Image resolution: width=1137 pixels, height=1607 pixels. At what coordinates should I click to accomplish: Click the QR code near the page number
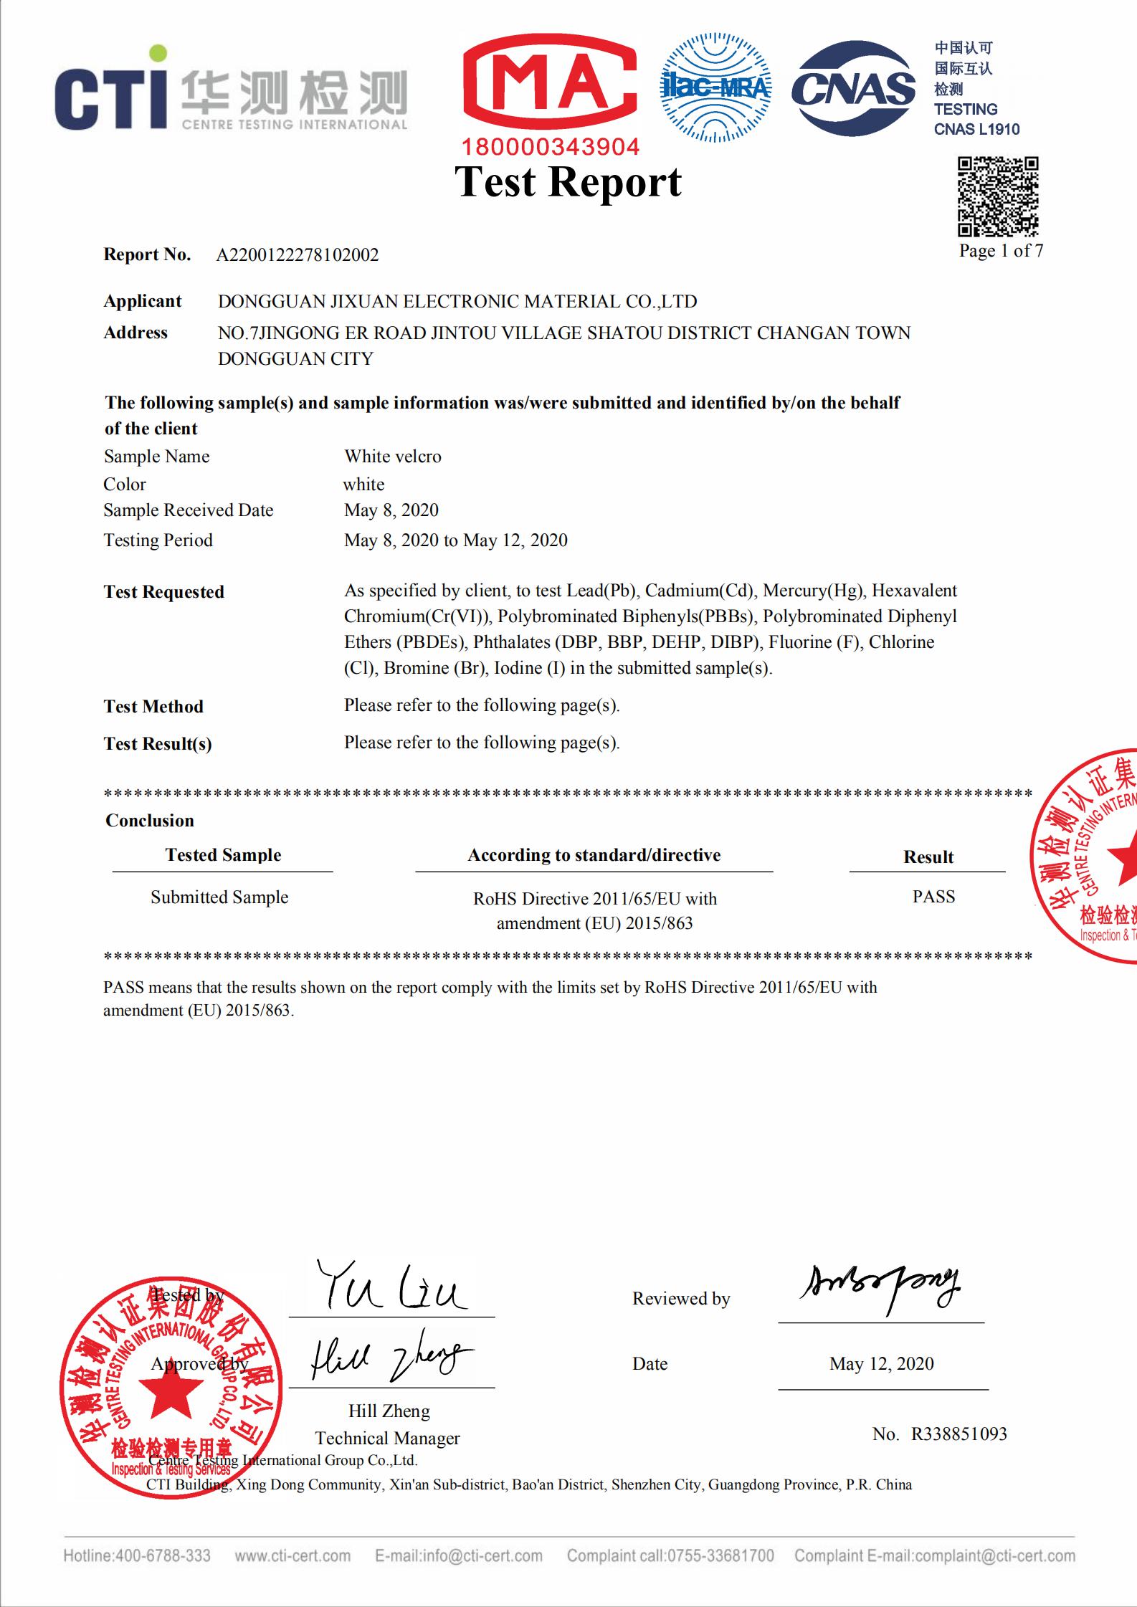(x=998, y=196)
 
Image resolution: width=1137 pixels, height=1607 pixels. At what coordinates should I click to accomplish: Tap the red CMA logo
(x=550, y=84)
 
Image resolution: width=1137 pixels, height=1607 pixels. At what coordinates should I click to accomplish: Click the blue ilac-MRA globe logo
(x=715, y=86)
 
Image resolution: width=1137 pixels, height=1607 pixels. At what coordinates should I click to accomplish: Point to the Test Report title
(x=568, y=181)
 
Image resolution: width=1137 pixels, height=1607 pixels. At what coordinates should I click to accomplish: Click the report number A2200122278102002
(x=298, y=255)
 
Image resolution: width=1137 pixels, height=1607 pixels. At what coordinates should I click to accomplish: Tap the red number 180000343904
(x=550, y=147)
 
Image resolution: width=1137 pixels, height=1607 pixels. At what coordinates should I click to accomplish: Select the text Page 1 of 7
(x=1001, y=251)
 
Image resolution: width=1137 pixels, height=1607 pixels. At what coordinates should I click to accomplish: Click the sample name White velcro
(x=393, y=457)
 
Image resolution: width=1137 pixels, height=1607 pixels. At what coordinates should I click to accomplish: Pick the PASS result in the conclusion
(x=933, y=897)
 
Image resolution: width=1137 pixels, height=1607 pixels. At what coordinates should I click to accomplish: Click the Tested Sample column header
(x=223, y=855)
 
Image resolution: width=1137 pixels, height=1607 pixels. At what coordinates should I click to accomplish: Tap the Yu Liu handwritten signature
(x=391, y=1288)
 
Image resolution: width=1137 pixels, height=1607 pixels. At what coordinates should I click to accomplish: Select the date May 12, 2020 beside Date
(x=881, y=1363)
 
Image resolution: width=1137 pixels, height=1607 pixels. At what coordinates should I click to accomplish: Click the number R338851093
(x=958, y=1434)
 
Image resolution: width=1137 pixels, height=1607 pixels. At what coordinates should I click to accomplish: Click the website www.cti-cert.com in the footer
(x=292, y=1555)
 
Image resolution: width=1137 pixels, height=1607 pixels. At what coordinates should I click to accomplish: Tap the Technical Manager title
(x=387, y=1438)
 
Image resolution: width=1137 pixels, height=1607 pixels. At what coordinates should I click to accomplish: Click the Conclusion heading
(x=150, y=821)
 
